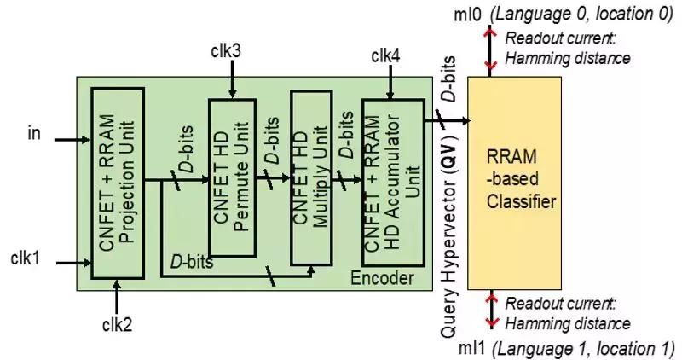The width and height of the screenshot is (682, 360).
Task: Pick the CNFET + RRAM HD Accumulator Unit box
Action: coord(392,183)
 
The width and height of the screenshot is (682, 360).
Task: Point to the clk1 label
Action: coord(26,257)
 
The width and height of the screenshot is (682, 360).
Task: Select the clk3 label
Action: coord(226,51)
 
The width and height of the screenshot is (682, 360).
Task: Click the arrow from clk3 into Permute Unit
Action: coord(233,81)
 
